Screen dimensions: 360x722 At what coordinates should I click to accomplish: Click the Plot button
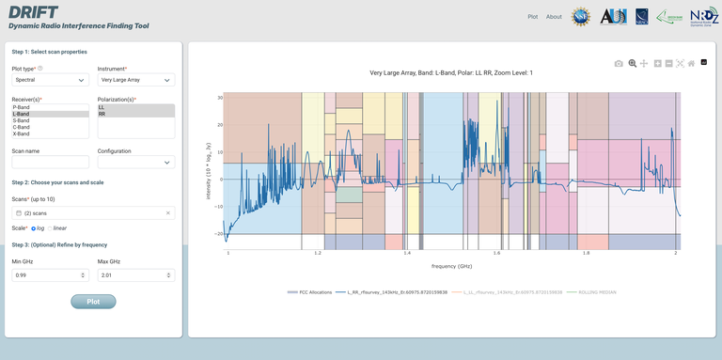[x=93, y=302]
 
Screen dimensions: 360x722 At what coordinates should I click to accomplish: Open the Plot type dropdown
[x=50, y=80]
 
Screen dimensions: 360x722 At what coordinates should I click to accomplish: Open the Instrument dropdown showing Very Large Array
[x=136, y=80]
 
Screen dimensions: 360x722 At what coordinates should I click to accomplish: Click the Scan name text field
[x=50, y=163]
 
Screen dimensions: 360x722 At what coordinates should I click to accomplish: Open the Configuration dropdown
[x=136, y=163]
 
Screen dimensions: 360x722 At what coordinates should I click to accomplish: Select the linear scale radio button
[x=52, y=227]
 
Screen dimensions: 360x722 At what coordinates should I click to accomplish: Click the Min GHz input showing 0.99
[x=50, y=275]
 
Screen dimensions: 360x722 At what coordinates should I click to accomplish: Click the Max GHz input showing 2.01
[x=136, y=275]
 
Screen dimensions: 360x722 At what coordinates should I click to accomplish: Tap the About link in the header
[x=554, y=17]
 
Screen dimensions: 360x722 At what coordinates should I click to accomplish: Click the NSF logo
[x=581, y=16]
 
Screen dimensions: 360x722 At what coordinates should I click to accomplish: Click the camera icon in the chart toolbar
[x=619, y=63]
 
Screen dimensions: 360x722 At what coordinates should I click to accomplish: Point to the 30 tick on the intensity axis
[x=220, y=98]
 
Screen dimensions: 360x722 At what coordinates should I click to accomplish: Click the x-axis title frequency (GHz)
[x=451, y=266]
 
